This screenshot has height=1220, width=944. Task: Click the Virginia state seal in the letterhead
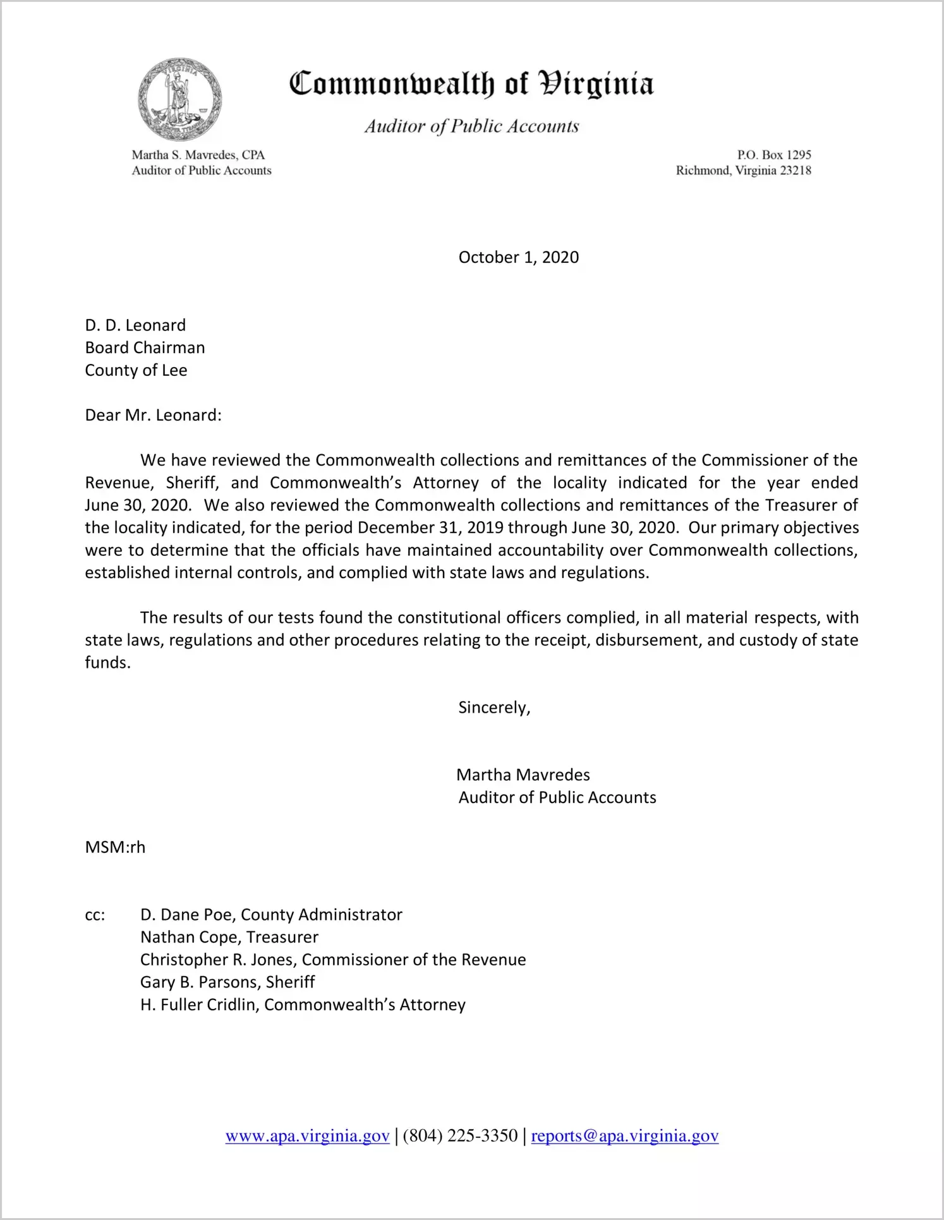[180, 99]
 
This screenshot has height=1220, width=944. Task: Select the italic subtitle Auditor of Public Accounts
[471, 126]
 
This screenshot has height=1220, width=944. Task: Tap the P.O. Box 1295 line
[773, 155]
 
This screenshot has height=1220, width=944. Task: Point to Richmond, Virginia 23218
[743, 171]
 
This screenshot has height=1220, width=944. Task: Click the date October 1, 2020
[518, 257]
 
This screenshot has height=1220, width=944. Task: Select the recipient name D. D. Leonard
[135, 325]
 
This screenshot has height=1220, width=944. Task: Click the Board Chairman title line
[145, 348]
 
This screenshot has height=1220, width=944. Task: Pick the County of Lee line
[136, 370]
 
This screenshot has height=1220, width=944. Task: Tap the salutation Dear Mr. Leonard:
[153, 415]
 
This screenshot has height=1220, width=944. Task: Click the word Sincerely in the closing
[493, 708]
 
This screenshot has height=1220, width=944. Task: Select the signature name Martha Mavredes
[523, 775]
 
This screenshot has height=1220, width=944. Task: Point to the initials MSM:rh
[115, 847]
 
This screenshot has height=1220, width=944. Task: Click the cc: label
[95, 915]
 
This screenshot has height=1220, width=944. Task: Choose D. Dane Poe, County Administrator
[271, 915]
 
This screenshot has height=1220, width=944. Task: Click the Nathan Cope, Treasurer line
[229, 938]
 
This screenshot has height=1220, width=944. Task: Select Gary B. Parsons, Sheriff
[227, 982]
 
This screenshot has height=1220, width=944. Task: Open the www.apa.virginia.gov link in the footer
[307, 1137]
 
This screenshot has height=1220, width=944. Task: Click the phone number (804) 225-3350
[459, 1137]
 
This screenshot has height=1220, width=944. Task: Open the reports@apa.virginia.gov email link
[624, 1137]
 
